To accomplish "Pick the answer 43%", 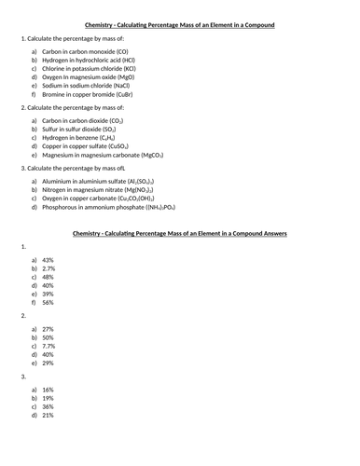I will pos(48,260).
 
